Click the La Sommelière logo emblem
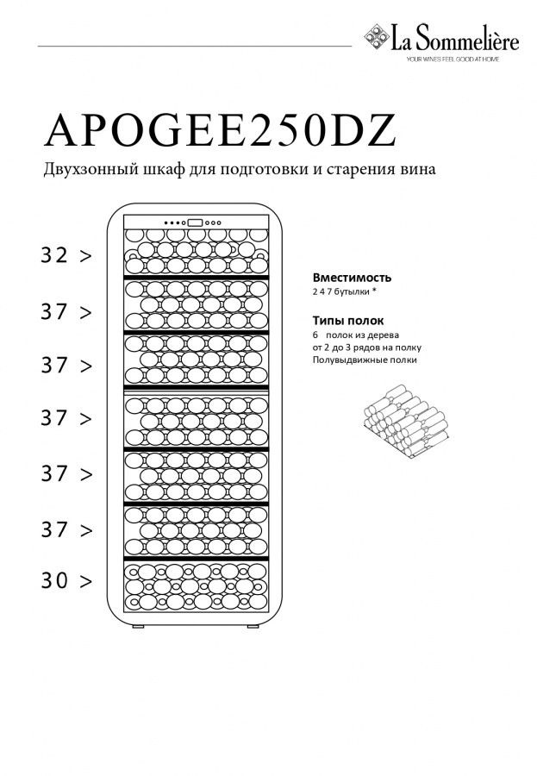tap(377, 37)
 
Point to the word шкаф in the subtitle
tap(153, 170)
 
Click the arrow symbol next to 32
tap(85, 256)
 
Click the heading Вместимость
tap(352, 278)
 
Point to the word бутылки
tap(353, 293)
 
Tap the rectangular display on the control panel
tap(194, 222)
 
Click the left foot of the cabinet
tap(139, 626)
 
